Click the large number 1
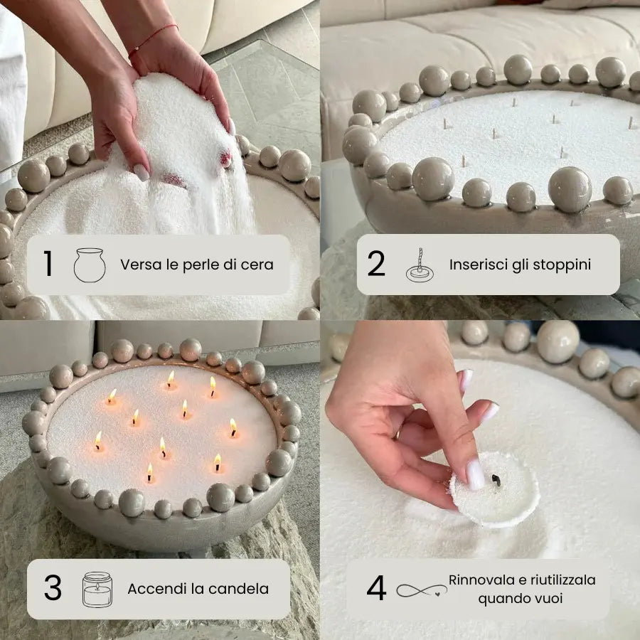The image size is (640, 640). click(x=48, y=265)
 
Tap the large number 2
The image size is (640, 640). click(x=376, y=265)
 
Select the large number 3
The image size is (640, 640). click(x=52, y=589)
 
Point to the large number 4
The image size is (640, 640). click(x=376, y=589)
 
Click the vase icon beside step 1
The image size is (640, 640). click(x=90, y=265)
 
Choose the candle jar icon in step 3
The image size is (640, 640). click(x=97, y=589)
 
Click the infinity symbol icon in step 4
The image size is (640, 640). click(x=421, y=590)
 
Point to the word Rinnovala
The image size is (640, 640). click(x=481, y=580)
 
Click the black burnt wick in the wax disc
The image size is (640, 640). click(x=496, y=481)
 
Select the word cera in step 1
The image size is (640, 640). click(x=258, y=265)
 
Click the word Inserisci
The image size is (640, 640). click(x=478, y=265)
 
